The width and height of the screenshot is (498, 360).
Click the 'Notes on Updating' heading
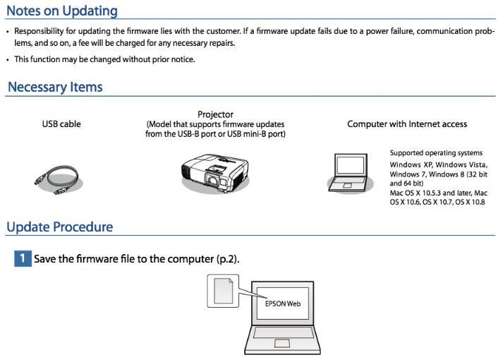tap(62, 11)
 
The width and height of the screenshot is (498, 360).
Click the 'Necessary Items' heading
tap(55, 87)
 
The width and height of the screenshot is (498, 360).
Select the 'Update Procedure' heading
tap(60, 227)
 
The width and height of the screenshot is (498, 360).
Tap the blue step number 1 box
tap(23, 258)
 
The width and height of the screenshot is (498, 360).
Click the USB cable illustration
tap(58, 179)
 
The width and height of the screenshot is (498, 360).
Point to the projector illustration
tap(215, 174)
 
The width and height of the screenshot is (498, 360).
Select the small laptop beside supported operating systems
tap(350, 173)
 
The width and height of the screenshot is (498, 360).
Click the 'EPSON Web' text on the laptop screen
tap(283, 304)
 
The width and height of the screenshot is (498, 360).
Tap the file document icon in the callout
tap(224, 291)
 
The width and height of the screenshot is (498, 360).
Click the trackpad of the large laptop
tap(282, 343)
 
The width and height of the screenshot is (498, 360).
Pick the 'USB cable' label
tap(61, 124)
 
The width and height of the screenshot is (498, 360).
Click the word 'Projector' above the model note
tap(215, 114)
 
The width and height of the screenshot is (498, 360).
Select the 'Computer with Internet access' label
tap(407, 124)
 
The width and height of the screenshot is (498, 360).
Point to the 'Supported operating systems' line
tap(436, 153)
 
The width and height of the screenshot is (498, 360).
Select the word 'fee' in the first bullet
tap(83, 43)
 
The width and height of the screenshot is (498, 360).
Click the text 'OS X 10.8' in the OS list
tap(470, 202)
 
